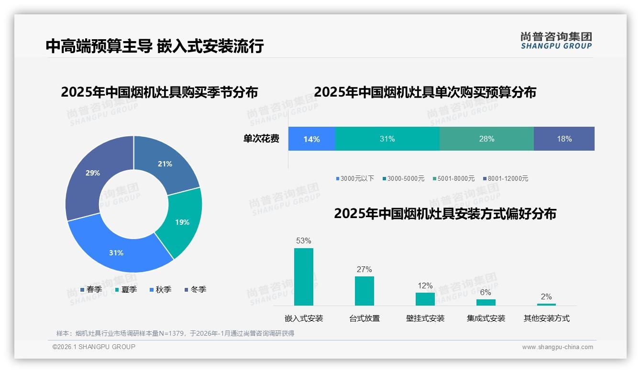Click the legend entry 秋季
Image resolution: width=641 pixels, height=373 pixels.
pos(160,289)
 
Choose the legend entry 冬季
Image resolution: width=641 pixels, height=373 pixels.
pos(195,289)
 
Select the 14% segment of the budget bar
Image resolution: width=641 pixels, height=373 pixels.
pos(311,139)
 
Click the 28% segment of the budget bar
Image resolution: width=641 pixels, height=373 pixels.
pos(486,139)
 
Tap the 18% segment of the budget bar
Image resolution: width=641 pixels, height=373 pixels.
pos(564,139)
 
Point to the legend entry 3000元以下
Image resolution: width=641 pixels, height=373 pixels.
pos(355,178)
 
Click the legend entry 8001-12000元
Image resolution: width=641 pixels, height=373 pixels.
pos(505,178)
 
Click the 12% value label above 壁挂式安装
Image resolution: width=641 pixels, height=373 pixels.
pos(425,285)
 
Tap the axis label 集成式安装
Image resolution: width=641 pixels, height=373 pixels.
pos(486,318)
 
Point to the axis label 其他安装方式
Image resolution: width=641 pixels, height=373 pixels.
pos(546,318)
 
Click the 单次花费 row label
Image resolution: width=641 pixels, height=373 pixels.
pos(261,139)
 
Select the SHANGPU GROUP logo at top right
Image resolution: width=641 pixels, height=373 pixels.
pos(556,41)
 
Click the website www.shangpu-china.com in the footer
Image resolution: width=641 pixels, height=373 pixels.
pos(557,347)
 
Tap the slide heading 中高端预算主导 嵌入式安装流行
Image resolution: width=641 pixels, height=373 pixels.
pos(155,46)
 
